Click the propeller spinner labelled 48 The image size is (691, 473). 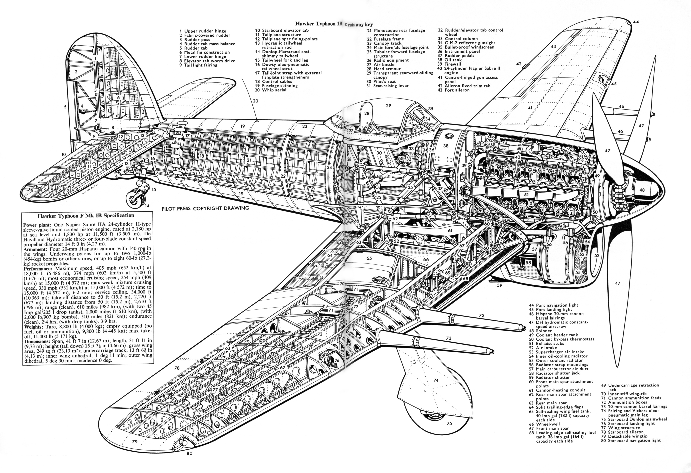[639, 190]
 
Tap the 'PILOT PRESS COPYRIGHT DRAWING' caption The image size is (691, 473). [205, 208]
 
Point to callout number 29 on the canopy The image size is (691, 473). [388, 106]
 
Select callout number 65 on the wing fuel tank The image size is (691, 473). [369, 258]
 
